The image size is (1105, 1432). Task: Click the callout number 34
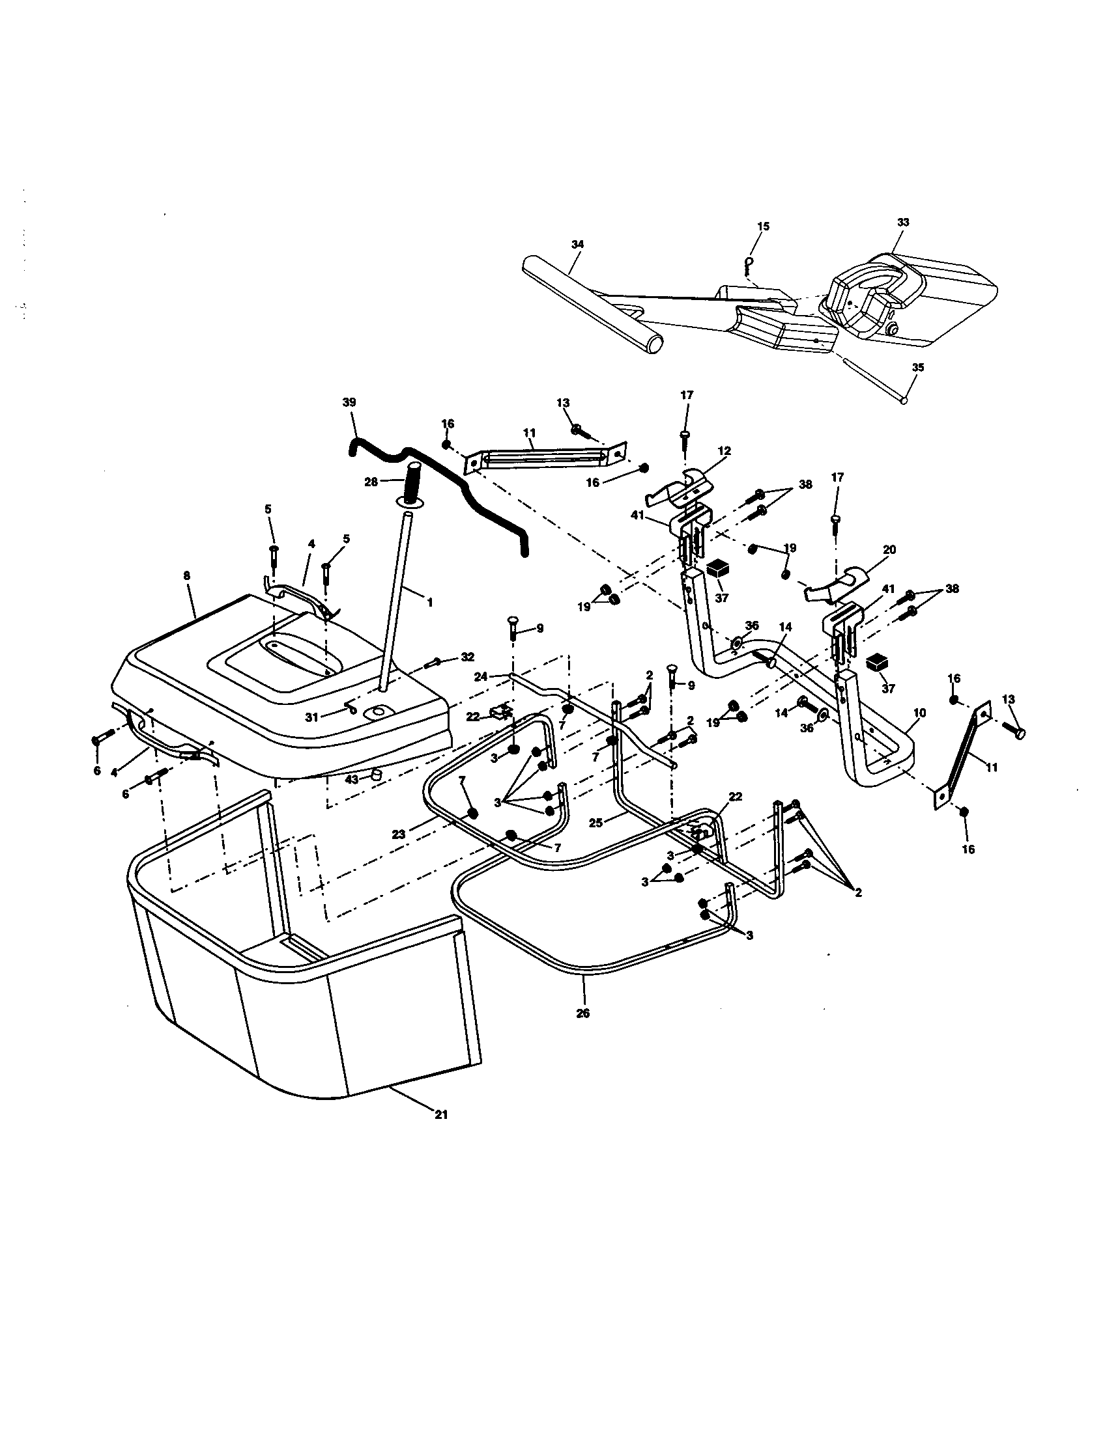[577, 244]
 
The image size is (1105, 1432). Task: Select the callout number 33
[903, 222]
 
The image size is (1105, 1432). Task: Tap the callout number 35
[917, 368]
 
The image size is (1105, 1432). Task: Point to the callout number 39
[349, 402]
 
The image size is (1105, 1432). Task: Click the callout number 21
[441, 1114]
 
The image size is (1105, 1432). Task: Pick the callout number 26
[582, 1013]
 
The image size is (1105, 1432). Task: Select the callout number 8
[187, 575]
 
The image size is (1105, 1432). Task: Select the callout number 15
[763, 227]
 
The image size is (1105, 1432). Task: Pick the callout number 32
[467, 656]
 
